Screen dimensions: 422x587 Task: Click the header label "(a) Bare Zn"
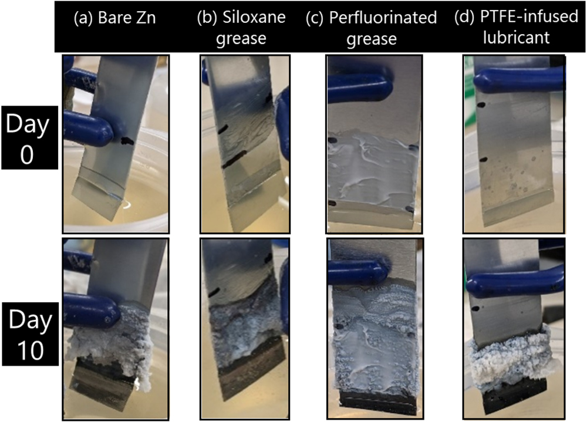pos(115,18)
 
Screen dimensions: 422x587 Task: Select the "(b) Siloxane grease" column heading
pos(241,27)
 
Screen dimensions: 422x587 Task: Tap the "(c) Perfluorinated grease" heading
pos(371,27)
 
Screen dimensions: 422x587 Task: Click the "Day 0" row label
pos(29,138)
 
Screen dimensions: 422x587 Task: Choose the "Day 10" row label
pos(29,333)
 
